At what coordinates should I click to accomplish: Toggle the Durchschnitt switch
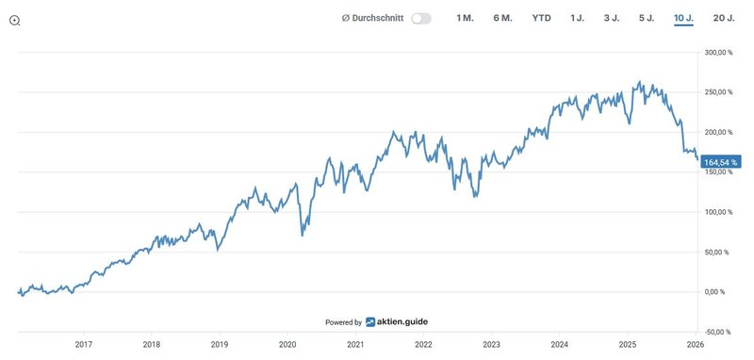click(x=421, y=19)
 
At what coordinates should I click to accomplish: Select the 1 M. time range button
click(x=465, y=19)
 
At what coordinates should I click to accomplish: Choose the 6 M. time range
click(x=502, y=19)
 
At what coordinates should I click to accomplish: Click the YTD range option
click(x=541, y=19)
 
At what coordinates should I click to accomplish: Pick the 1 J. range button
click(x=578, y=19)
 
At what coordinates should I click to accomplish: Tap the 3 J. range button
click(x=612, y=19)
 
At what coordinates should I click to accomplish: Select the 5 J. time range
click(x=647, y=19)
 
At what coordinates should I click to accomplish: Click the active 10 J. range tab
click(x=683, y=19)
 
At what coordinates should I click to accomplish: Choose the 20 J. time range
click(x=724, y=19)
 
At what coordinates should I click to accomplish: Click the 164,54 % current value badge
click(x=721, y=162)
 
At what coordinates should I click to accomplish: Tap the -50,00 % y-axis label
click(x=722, y=332)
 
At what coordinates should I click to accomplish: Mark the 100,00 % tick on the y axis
click(x=721, y=212)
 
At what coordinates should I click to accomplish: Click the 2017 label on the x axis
click(x=83, y=345)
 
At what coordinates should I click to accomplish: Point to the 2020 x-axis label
click(x=287, y=345)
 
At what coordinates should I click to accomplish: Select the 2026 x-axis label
click(x=695, y=345)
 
